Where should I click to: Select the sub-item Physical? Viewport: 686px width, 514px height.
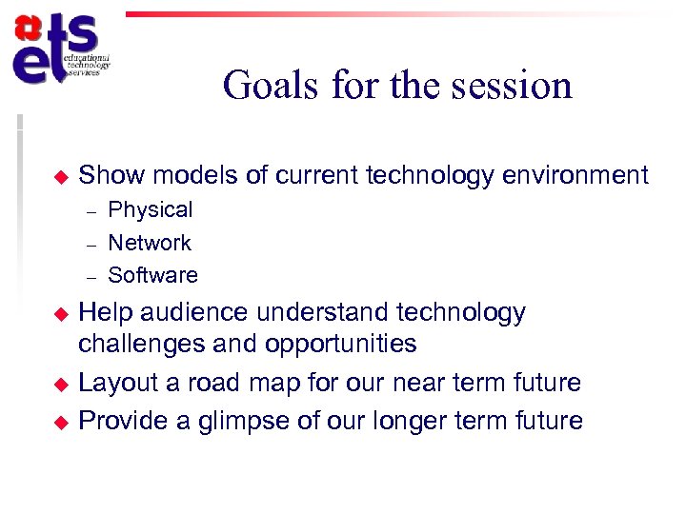pos(151,209)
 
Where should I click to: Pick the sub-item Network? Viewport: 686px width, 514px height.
pos(150,243)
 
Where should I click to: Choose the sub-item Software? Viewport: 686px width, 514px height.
pos(153,275)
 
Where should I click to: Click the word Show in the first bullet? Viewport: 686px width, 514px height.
pos(111,175)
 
